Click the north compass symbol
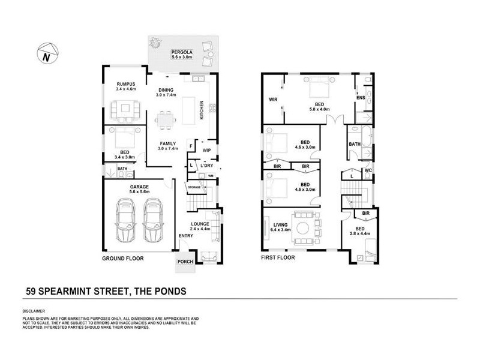(x=46, y=55)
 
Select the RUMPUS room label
(x=127, y=84)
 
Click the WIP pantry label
(x=207, y=150)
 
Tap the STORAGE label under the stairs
(x=194, y=188)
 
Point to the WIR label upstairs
(x=273, y=99)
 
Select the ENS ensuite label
(x=361, y=98)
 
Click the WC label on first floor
(x=368, y=170)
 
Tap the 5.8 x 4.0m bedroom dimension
(x=316, y=109)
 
